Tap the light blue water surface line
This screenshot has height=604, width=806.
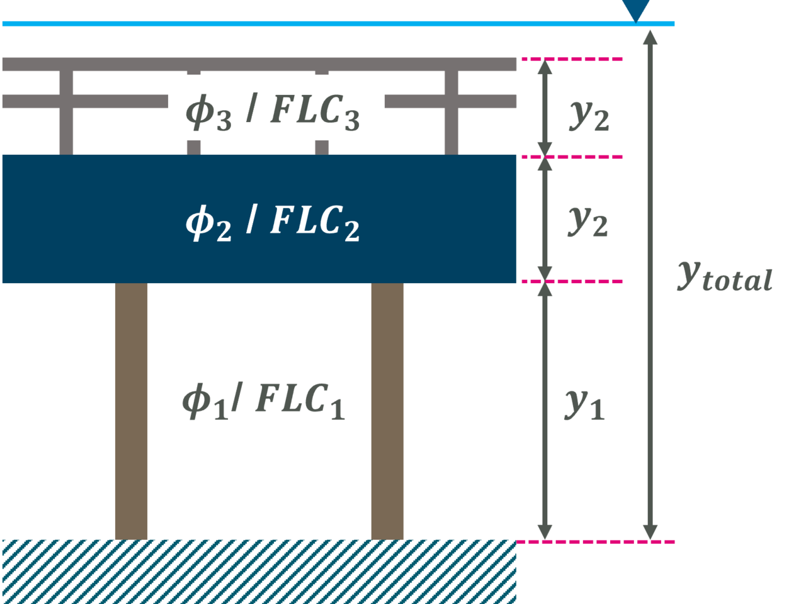pyautogui.click(x=338, y=24)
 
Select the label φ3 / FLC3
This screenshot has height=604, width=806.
pyautogui.click(x=273, y=113)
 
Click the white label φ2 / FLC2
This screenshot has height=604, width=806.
pyautogui.click(x=273, y=223)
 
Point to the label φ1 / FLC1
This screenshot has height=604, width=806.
pyautogui.click(x=264, y=401)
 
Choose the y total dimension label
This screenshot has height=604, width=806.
pyautogui.click(x=725, y=277)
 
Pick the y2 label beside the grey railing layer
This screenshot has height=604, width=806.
pyautogui.click(x=589, y=116)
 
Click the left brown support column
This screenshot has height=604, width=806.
pyautogui.click(x=131, y=411)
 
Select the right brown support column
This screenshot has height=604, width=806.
pyautogui.click(x=387, y=411)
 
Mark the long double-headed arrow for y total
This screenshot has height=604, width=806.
pyautogui.click(x=650, y=285)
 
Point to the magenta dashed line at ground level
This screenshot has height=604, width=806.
pyautogui.click(x=595, y=542)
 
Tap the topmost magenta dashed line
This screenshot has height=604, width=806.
pyautogui.click(x=572, y=59)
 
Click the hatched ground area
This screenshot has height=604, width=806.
pyautogui.click(x=259, y=572)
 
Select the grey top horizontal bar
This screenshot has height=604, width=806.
pyautogui.click(x=259, y=64)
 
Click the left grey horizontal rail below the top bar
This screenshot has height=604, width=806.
pyautogui.click(x=85, y=101)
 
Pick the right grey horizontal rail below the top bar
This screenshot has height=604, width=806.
pyautogui.click(x=451, y=101)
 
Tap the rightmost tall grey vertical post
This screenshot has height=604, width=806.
pyautogui.click(x=451, y=113)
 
